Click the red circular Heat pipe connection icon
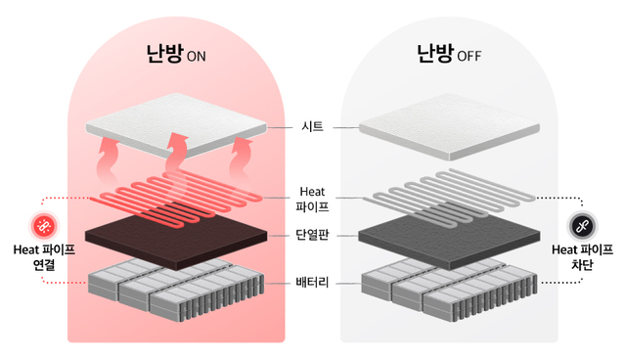pos(44,226)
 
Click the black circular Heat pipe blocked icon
pos(580,226)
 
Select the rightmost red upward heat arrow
pos(243,154)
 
